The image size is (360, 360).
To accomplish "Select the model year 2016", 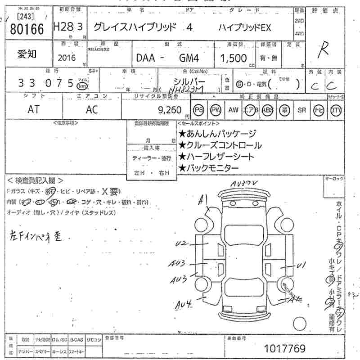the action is (x=67, y=57).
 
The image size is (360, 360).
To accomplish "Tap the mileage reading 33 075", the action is (x=45, y=83).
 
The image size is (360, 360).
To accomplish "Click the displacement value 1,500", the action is (x=234, y=58).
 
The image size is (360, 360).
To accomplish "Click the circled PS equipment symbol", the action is (x=198, y=110).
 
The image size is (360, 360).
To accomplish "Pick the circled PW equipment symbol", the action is (x=216, y=110).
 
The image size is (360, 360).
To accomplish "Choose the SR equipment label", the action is (x=301, y=110).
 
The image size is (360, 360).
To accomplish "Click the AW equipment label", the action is (x=233, y=110).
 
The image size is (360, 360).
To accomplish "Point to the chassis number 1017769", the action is (x=285, y=348).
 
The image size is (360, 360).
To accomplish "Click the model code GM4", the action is (x=190, y=58).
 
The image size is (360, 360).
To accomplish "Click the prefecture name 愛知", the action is (x=27, y=54).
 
